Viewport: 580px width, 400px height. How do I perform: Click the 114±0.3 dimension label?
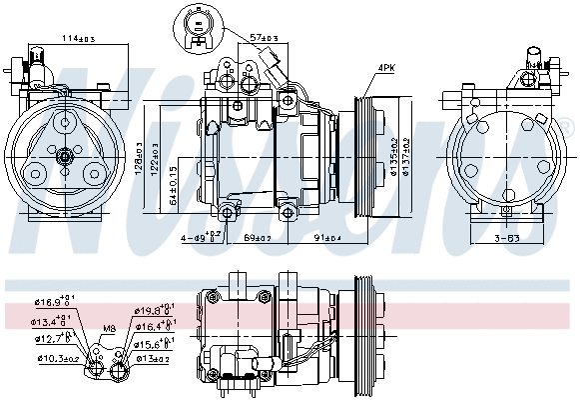tap(77, 38)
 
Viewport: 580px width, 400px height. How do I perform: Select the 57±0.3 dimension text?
tap(264, 37)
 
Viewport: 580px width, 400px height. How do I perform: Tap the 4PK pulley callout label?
tap(386, 68)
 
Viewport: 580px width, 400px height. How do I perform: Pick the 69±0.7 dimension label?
tap(258, 237)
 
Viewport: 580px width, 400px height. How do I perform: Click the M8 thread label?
tap(108, 328)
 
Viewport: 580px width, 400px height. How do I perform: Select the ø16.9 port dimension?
tap(52, 299)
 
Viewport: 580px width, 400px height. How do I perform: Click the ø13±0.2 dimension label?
tap(154, 357)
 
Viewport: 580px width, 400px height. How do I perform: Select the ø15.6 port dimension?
tap(155, 343)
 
